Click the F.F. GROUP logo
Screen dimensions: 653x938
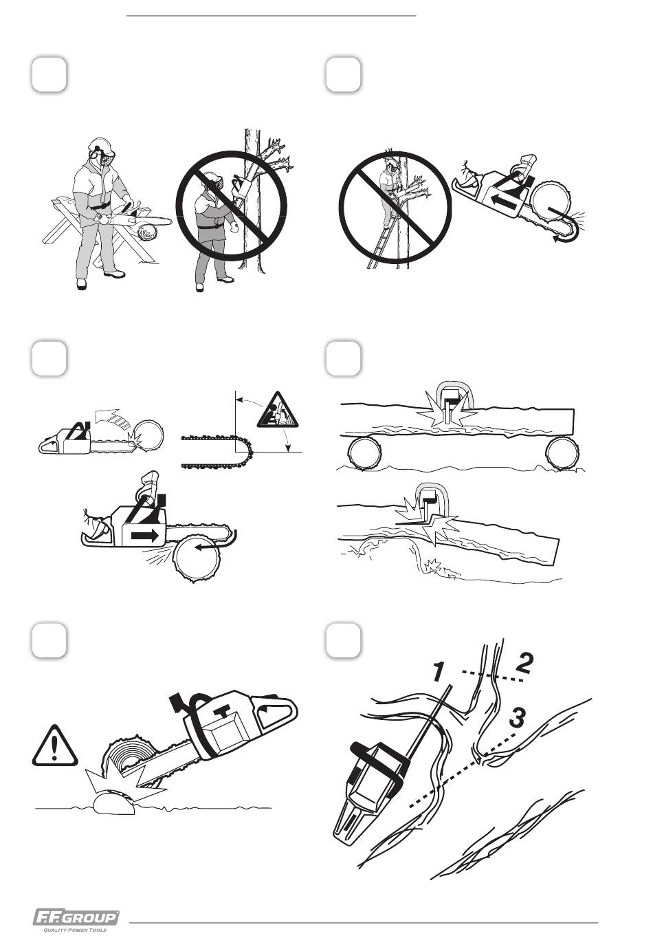click(76, 917)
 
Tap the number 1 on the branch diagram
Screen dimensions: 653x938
click(437, 672)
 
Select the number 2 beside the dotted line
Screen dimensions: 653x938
click(523, 663)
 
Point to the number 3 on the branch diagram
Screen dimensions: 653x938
click(518, 718)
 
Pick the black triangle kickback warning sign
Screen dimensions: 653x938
click(277, 411)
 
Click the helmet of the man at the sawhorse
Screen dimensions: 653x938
click(101, 145)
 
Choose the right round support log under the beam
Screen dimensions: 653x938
click(562, 454)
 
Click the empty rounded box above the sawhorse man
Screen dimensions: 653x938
click(49, 74)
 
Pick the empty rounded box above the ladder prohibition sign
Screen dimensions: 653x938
click(343, 74)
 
